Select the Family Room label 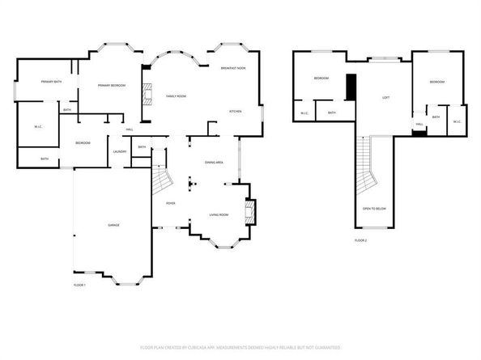point(176,95)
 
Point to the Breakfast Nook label point(233,68)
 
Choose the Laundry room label point(119,151)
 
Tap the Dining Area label point(214,163)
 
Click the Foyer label point(171,202)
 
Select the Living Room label point(219,214)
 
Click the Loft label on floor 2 point(386,98)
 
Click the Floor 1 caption point(79,285)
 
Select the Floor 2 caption point(360,240)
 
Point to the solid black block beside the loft point(351,87)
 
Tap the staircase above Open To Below point(368,166)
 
